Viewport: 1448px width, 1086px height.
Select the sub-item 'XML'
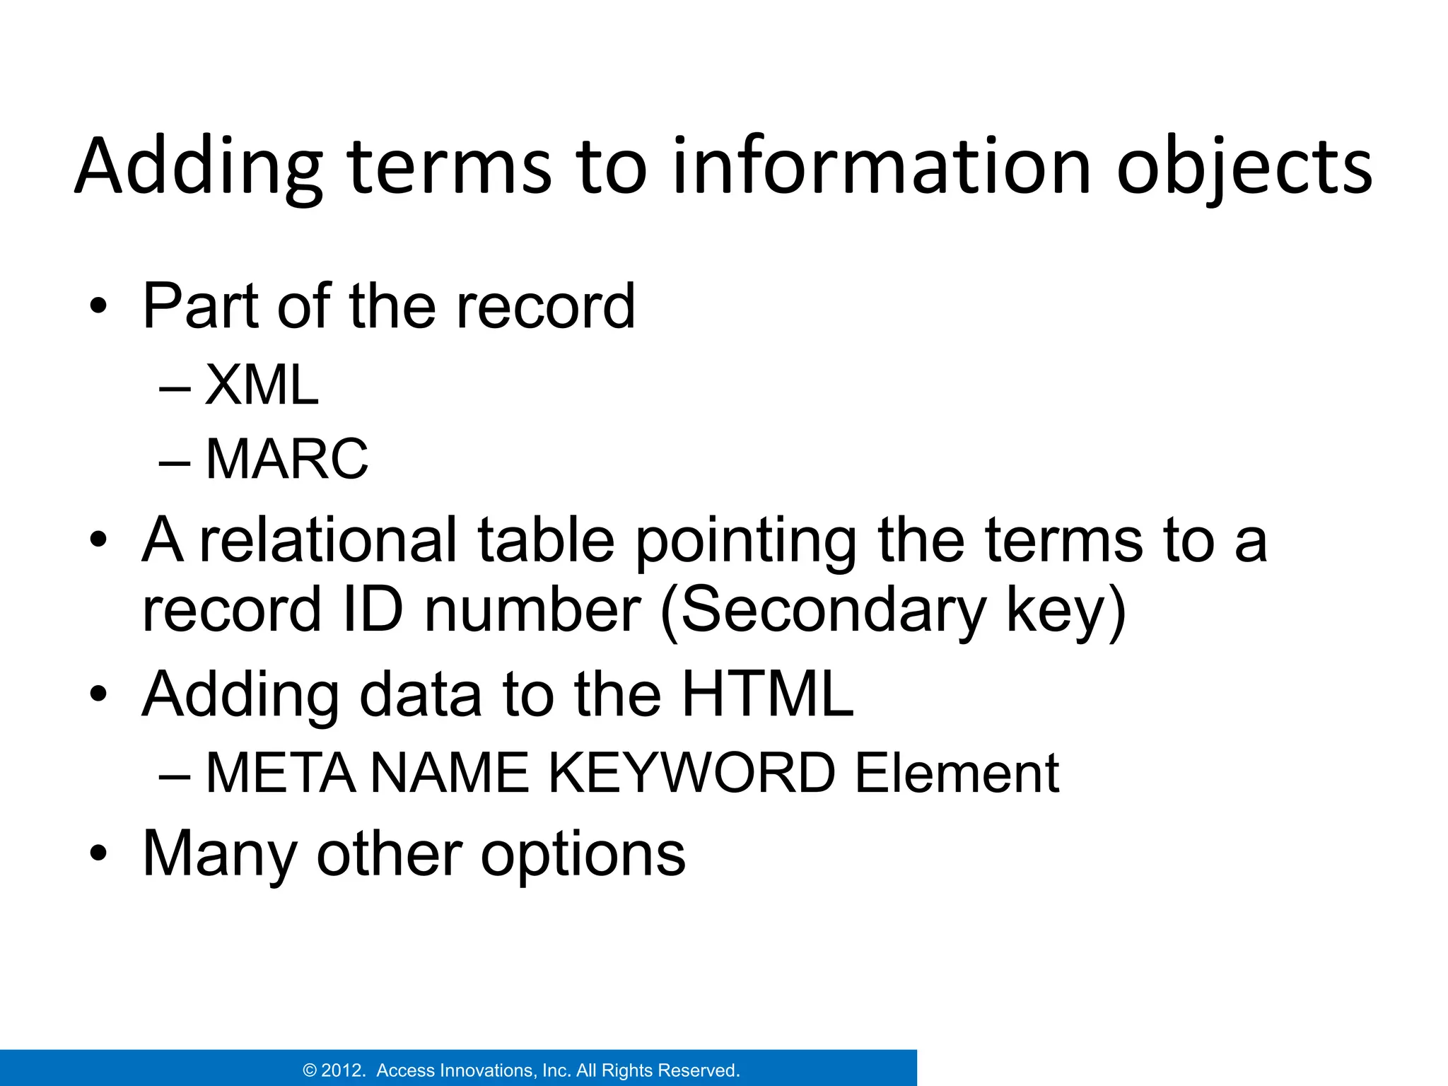click(x=262, y=385)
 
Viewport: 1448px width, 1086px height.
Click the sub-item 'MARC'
click(x=286, y=460)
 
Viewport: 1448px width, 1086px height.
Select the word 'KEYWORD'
click(x=692, y=773)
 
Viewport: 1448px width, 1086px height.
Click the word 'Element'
click(x=957, y=773)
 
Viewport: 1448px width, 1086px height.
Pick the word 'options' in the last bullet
click(x=583, y=854)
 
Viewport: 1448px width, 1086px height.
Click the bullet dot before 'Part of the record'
click(x=98, y=307)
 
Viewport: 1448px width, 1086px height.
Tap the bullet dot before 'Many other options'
click(x=98, y=854)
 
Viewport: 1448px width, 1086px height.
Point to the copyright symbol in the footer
click(x=310, y=1070)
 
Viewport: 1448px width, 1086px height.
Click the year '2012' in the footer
click(x=343, y=1070)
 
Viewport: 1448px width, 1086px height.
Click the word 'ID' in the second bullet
click(x=372, y=609)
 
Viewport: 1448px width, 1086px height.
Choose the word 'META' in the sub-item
click(x=281, y=773)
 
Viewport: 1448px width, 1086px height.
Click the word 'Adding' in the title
click(x=199, y=168)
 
